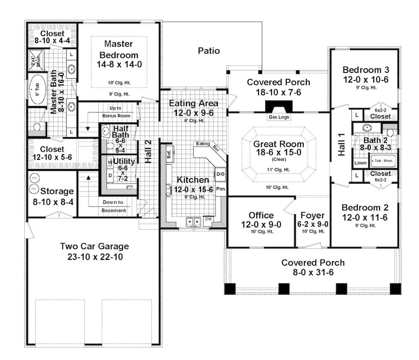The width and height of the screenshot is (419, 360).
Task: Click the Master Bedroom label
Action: (119, 49)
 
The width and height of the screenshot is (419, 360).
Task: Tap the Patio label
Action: (209, 51)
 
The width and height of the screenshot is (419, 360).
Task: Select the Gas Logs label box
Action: (278, 117)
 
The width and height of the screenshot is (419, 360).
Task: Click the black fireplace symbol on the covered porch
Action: (278, 106)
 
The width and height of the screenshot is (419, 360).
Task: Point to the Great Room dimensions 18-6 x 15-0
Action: (279, 153)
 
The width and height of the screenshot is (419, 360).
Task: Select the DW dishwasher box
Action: (208, 219)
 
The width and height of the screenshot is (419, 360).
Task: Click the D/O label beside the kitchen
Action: (220, 174)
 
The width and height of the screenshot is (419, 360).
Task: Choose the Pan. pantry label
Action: (221, 189)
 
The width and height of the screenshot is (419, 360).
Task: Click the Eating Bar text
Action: (209, 146)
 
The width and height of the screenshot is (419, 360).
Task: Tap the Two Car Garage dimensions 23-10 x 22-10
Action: (94, 257)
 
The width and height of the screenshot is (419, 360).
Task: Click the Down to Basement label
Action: (114, 206)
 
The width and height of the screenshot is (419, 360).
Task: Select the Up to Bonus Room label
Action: (116, 111)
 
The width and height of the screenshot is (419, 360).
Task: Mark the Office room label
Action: (261, 215)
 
